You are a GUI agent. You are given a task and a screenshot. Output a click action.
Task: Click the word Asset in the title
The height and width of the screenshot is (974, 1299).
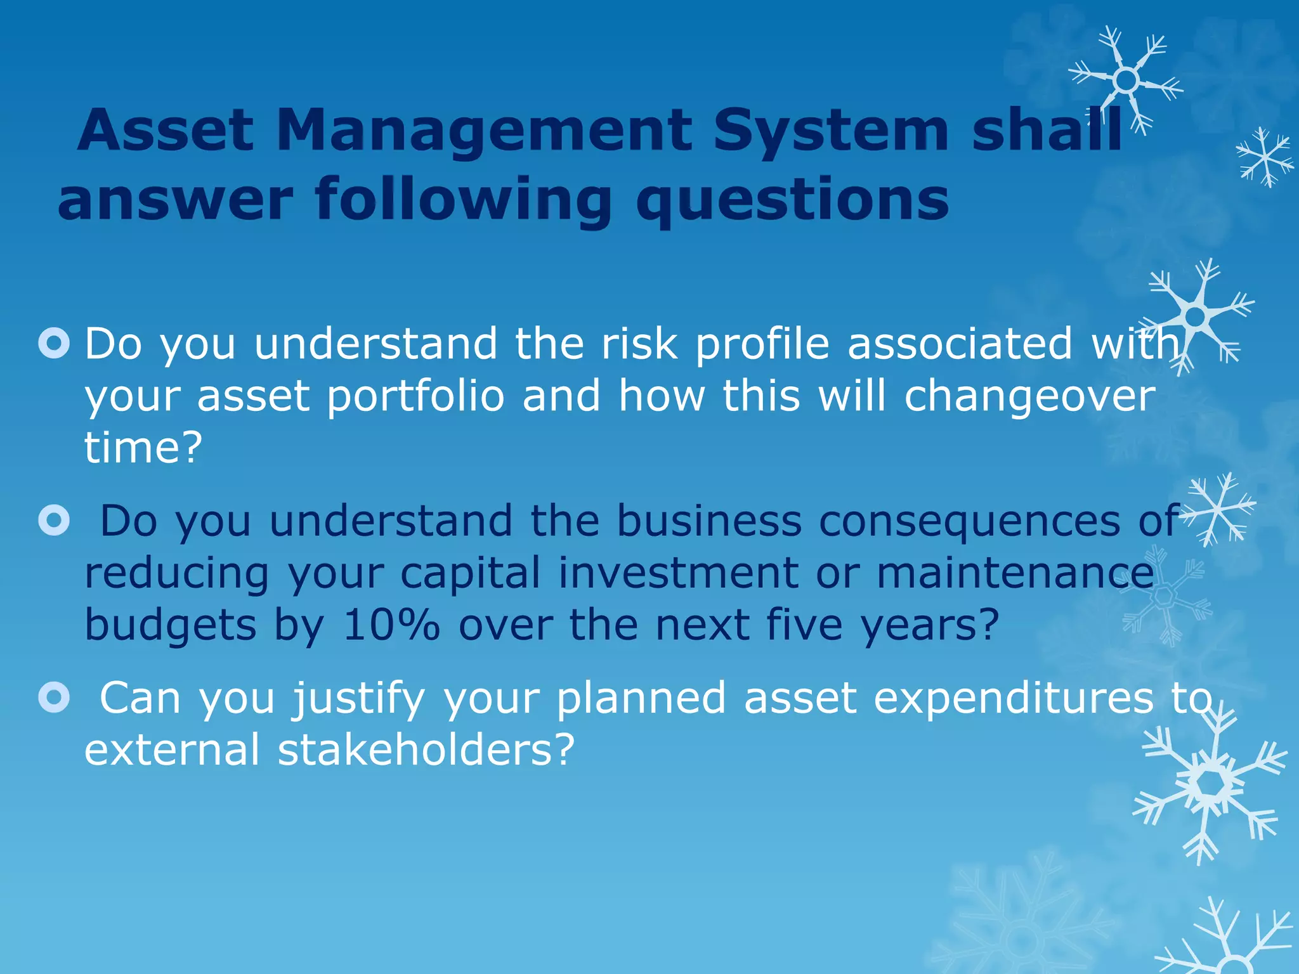[166, 131]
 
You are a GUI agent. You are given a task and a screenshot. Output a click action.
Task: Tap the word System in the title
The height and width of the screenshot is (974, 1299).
[831, 131]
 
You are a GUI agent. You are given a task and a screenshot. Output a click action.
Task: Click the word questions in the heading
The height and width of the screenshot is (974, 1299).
[792, 200]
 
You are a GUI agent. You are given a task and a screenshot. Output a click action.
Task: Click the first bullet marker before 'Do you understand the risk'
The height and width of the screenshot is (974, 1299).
[54, 344]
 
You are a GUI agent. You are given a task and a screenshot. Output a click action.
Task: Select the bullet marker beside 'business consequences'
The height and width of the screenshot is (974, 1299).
[54, 521]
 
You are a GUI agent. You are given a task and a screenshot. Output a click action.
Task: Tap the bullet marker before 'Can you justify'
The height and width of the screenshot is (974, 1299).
[54, 698]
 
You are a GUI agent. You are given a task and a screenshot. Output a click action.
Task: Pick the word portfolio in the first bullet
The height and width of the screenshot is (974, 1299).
[415, 396]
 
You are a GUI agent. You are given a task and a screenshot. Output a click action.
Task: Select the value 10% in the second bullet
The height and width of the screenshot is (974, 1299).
[391, 625]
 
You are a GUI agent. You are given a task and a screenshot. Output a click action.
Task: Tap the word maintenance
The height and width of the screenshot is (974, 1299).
[1015, 573]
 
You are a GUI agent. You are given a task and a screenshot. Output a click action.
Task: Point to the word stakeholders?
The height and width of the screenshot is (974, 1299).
[426, 750]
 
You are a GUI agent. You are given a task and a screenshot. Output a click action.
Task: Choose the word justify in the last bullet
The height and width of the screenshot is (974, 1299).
[358, 698]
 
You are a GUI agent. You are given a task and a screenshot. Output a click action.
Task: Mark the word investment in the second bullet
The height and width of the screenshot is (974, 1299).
[678, 573]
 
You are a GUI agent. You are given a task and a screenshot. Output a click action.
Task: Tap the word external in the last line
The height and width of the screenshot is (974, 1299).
[172, 750]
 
